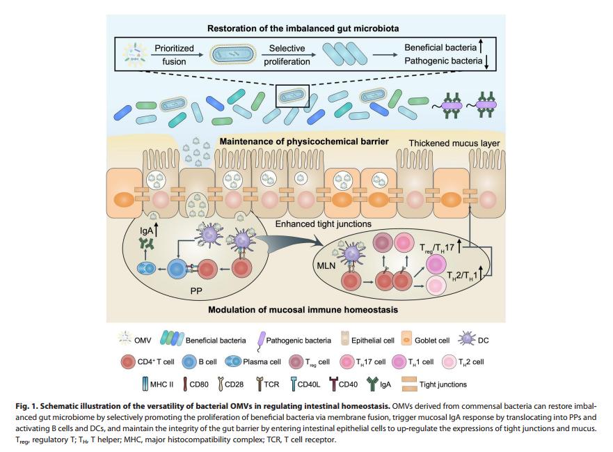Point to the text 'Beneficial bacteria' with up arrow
[439, 49]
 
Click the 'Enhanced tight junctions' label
[323, 224]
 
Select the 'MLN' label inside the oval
[326, 266]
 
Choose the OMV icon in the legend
[122, 340]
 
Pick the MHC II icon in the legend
[144, 384]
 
